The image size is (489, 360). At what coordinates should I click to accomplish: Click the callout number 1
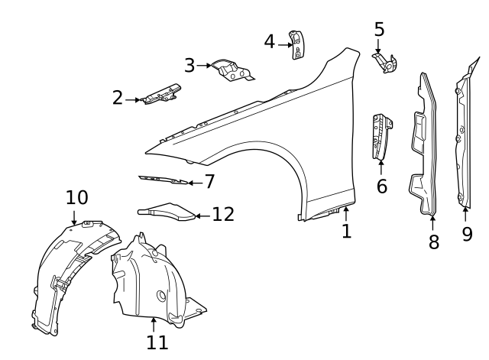347,231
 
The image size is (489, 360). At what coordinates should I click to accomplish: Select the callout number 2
117,98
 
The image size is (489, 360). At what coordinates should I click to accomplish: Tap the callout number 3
189,66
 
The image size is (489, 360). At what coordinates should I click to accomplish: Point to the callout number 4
269,42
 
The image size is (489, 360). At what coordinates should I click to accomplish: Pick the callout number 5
379,30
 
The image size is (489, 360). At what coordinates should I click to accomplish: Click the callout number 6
381,186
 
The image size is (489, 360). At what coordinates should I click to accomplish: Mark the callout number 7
209,182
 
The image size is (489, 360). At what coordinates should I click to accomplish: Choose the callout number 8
433,242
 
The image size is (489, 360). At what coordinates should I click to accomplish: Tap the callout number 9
467,234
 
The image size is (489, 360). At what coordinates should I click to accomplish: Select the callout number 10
76,198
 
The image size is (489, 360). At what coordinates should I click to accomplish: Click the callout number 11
157,342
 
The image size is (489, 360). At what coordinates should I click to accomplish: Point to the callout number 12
223,215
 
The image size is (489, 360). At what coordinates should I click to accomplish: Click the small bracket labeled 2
161,94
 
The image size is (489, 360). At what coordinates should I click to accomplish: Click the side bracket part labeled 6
381,137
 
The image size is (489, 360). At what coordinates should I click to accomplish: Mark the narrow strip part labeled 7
164,180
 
